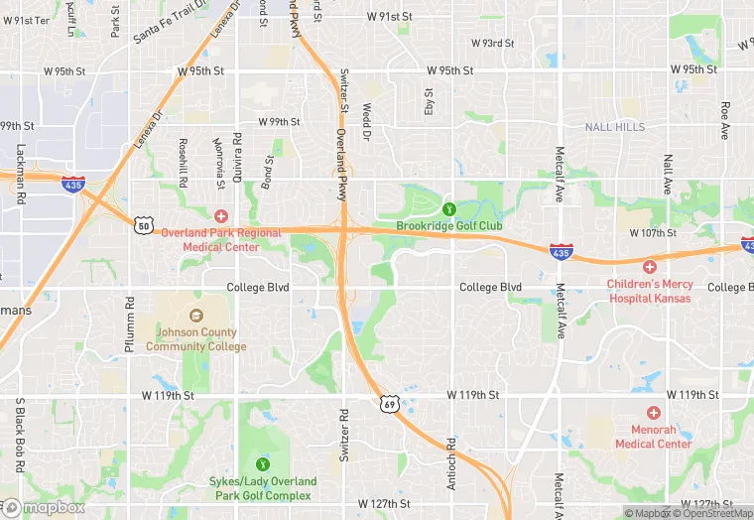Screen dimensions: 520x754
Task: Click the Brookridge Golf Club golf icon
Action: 448,208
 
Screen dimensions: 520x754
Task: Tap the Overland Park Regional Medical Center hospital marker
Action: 221,215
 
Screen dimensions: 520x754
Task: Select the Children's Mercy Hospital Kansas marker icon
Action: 649,266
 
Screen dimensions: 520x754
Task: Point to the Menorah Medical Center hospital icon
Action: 653,412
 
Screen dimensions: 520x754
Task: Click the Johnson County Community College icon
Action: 195,317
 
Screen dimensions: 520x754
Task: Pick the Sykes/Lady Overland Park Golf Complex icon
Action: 263,462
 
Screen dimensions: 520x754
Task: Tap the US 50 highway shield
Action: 145,226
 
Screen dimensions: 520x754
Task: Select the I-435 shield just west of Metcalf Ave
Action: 561,253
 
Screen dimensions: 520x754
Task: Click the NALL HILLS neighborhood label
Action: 614,127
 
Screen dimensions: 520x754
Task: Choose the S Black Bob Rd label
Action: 19,435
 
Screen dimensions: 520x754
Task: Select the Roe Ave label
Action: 725,119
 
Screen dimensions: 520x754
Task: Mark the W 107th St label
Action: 652,233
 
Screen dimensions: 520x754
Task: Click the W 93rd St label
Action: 492,44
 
